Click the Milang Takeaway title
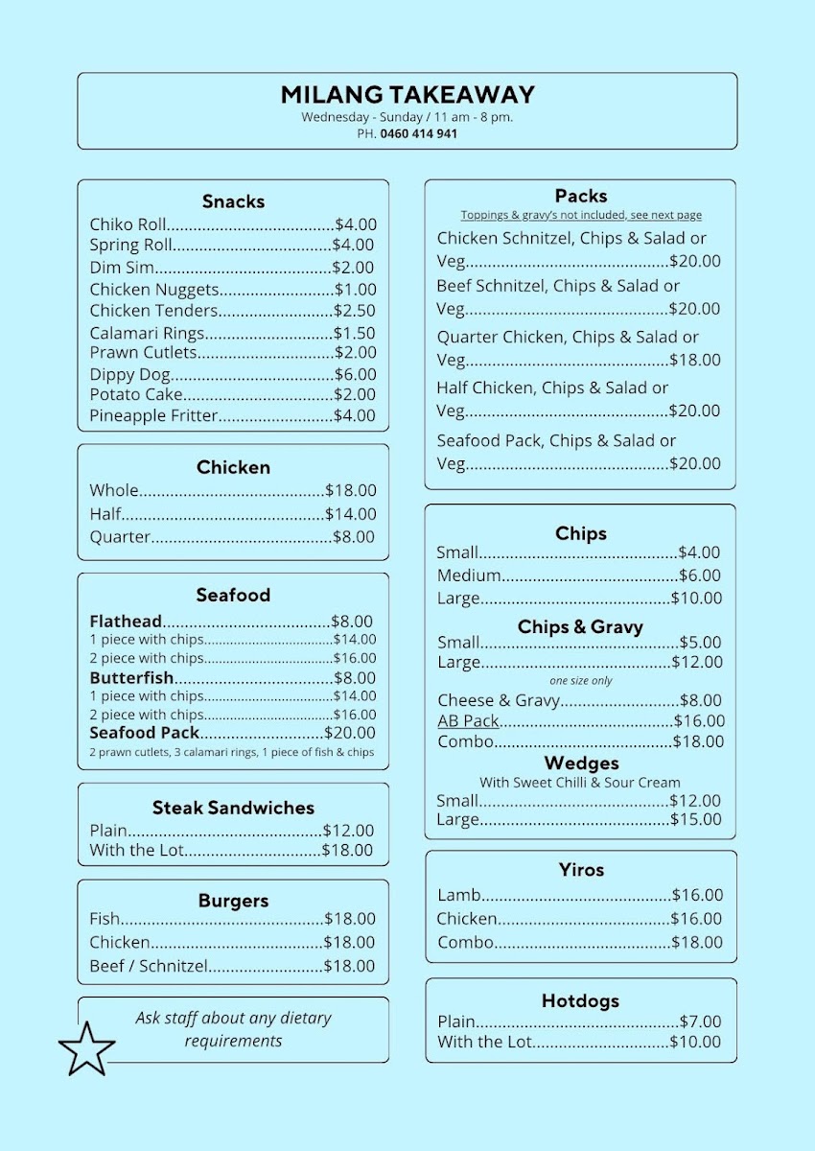[x=407, y=95]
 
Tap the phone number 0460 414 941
[x=418, y=134]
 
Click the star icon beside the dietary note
[x=86, y=1048]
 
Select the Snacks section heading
[x=233, y=201]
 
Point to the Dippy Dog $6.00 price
[x=355, y=374]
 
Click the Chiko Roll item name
[x=129, y=224]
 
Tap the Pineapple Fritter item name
[x=153, y=415]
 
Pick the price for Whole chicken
[x=351, y=490]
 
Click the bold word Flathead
[x=126, y=622]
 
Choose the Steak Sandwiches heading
[x=233, y=808]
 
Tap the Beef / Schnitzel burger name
[x=149, y=966]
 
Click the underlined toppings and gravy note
[x=581, y=215]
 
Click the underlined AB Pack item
[x=469, y=721]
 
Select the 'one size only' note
[x=581, y=681]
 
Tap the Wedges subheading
[x=581, y=763]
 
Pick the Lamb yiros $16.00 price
[x=697, y=895]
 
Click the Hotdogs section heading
[x=580, y=1000]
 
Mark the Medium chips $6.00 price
[x=700, y=575]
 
